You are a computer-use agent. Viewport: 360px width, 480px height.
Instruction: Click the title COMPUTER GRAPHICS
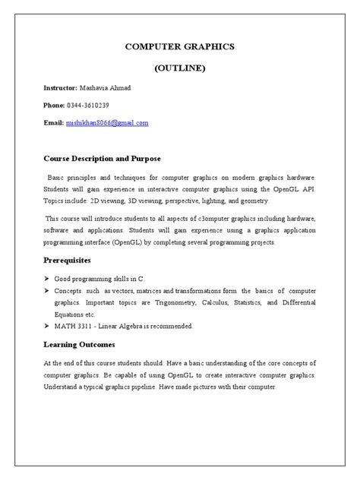(180, 47)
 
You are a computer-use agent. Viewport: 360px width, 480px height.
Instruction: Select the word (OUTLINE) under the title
(180, 68)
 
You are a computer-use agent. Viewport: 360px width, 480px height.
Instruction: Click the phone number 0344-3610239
(93, 106)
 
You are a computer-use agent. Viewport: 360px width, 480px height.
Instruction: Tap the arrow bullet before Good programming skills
(46, 279)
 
